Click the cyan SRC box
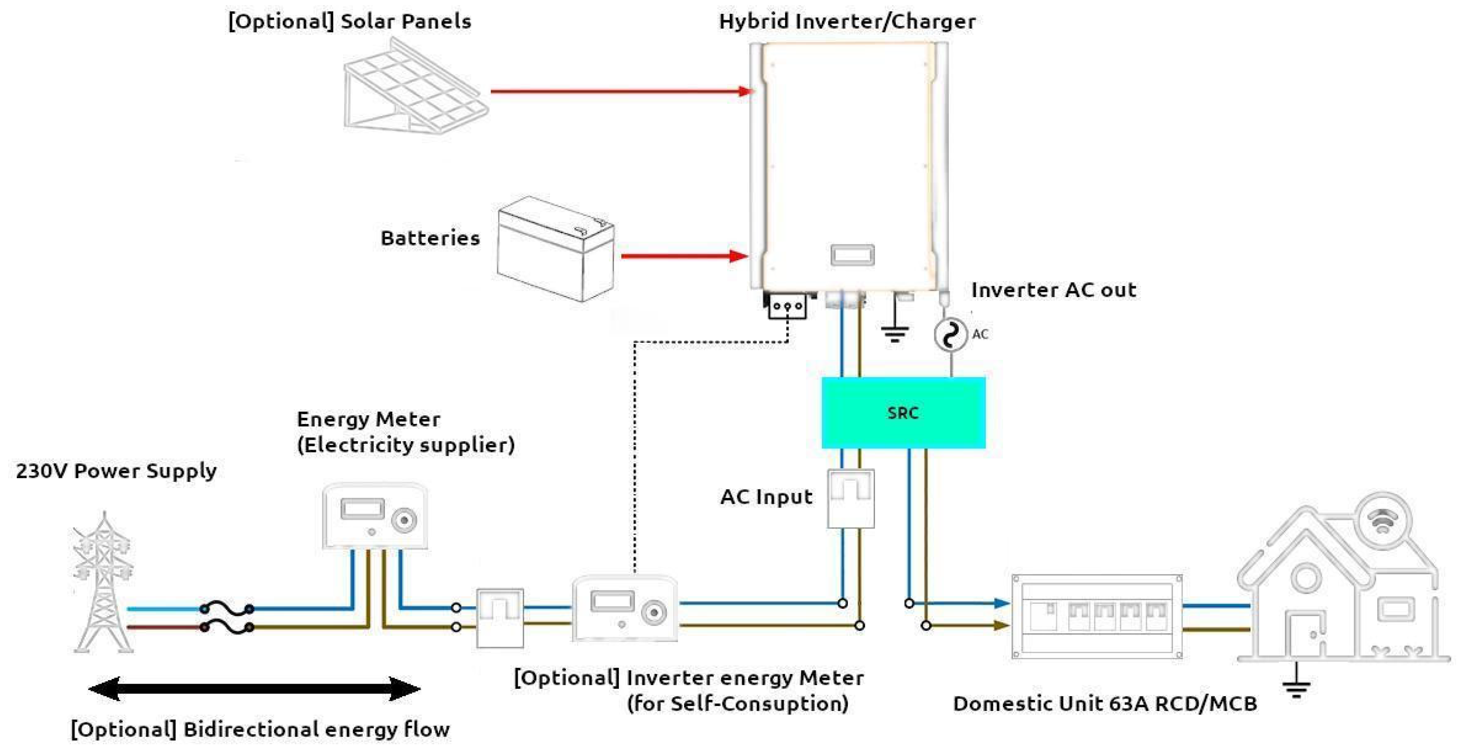coord(903,413)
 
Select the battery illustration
coord(555,249)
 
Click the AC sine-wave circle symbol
coord(951,334)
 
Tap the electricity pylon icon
coord(103,582)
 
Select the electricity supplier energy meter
coord(375,516)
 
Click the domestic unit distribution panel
coord(1097,617)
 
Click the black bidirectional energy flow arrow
coord(255,689)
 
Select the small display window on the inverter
coord(853,255)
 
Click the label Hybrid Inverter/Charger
coord(847,21)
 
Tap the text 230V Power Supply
coord(116,471)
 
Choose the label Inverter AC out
coord(1054,290)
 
